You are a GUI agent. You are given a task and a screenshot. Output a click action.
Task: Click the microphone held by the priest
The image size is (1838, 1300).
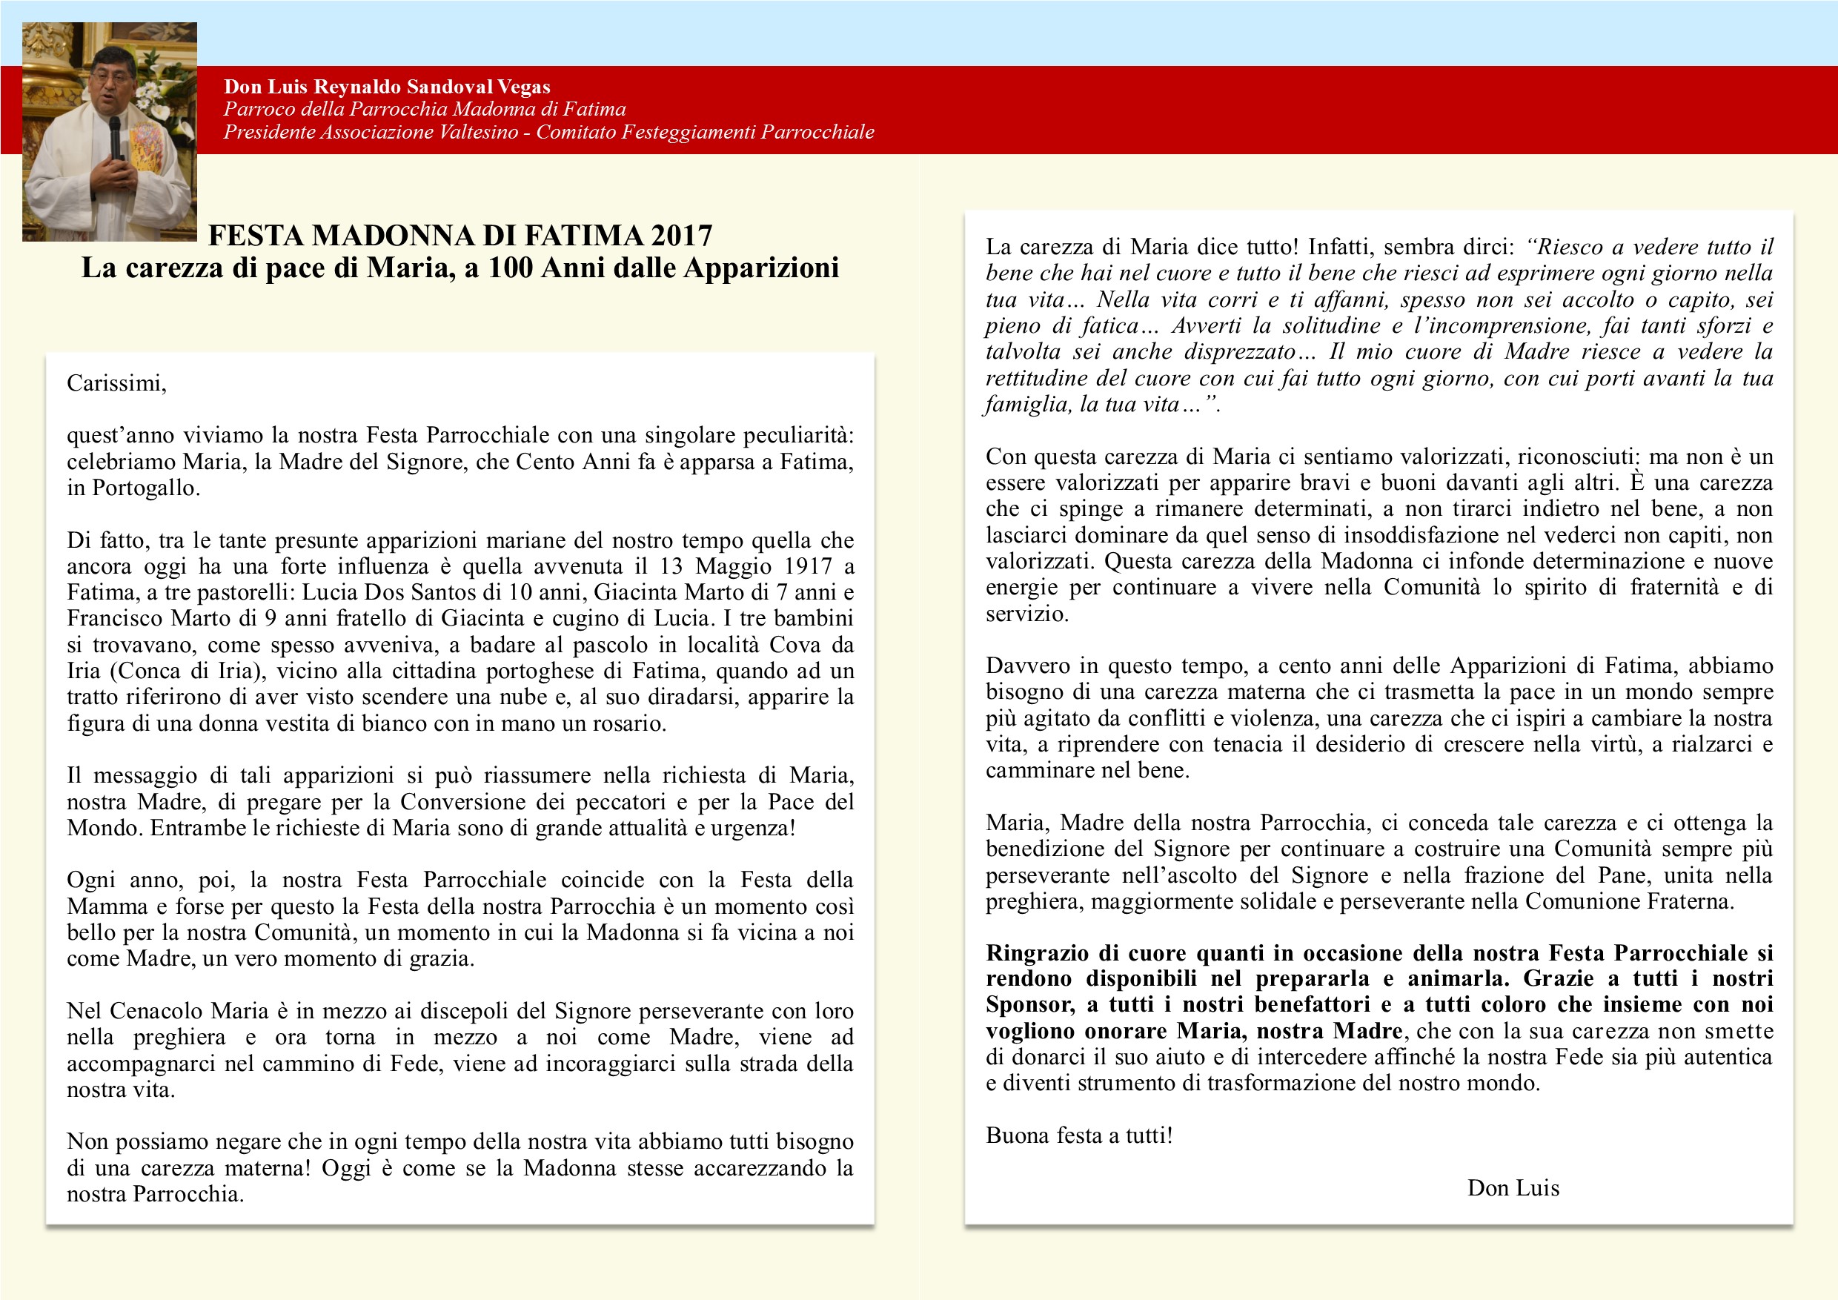tap(114, 136)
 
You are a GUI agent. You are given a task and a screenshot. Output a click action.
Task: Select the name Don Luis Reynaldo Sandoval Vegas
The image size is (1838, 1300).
tap(387, 87)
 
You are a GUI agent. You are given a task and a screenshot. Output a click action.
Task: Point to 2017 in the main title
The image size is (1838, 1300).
tap(681, 236)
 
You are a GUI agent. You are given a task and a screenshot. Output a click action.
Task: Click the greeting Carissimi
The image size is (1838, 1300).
tap(116, 383)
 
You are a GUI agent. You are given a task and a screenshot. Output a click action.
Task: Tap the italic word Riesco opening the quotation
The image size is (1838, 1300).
tap(1567, 247)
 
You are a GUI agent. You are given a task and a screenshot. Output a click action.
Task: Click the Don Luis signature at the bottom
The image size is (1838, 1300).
tap(1513, 1188)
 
